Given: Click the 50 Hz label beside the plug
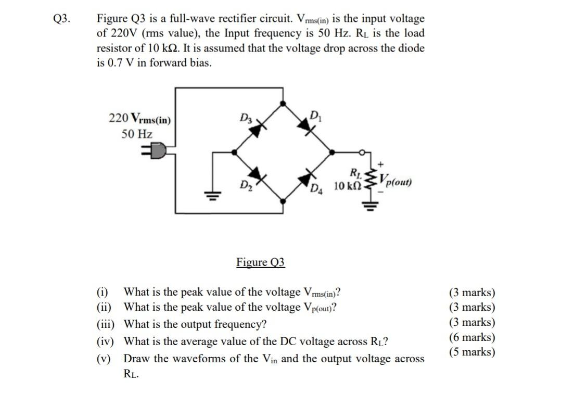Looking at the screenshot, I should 137,134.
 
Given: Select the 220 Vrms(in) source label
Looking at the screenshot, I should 139,118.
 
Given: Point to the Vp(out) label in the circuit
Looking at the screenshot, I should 395,182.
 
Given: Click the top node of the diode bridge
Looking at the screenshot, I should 283,104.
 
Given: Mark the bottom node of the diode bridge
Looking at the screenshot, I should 283,200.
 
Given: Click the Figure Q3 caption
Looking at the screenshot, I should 261,262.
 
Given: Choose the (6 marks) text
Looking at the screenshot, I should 472,337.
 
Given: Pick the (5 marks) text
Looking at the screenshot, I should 472,352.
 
